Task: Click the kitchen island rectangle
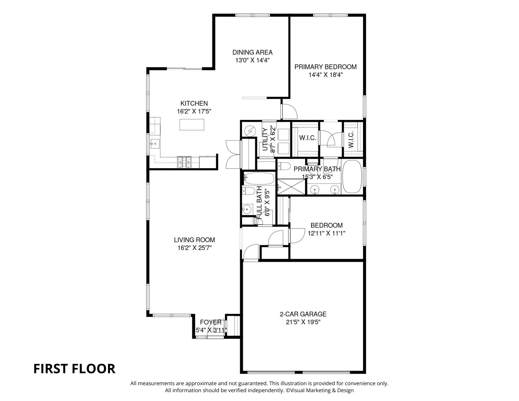pyautogui.click(x=192, y=125)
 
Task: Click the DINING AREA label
pyautogui.click(x=252, y=52)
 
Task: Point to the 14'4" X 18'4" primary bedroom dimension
pyautogui.click(x=326, y=75)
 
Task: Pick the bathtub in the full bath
pyautogui.click(x=259, y=178)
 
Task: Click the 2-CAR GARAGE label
pyautogui.click(x=303, y=314)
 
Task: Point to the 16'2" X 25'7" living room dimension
pyautogui.click(x=194, y=248)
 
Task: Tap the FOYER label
pyautogui.click(x=211, y=322)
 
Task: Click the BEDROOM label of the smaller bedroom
pyautogui.click(x=326, y=225)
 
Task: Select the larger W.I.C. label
pyautogui.click(x=307, y=138)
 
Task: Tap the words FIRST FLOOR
pyautogui.click(x=74, y=369)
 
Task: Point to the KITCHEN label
pyautogui.click(x=194, y=103)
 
